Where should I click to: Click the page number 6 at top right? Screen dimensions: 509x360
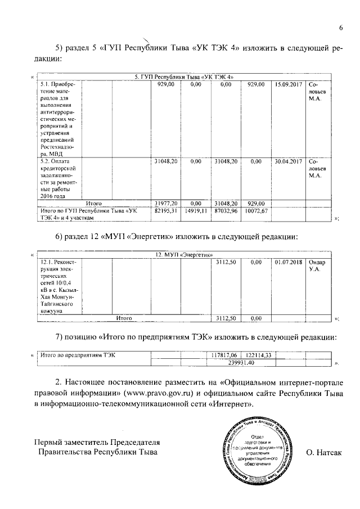(341, 29)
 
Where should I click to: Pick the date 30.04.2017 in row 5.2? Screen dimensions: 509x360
(289, 161)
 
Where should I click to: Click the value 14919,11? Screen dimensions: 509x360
(196, 210)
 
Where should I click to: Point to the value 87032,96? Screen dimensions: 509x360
(226, 210)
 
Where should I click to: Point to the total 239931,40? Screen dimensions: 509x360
(241, 363)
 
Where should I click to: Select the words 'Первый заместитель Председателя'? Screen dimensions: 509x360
(89, 442)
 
